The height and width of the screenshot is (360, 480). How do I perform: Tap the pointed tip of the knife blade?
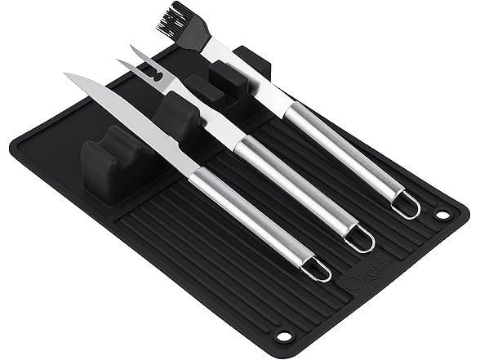pos(68,76)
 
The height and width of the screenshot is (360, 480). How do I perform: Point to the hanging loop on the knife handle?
pos(317,270)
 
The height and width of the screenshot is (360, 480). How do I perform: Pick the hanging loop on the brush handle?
pos(406,207)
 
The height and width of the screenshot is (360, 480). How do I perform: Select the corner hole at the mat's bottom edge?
pos(285,336)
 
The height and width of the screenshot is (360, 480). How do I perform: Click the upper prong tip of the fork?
pos(131,47)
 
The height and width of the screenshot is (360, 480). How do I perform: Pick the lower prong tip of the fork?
pos(119,62)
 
